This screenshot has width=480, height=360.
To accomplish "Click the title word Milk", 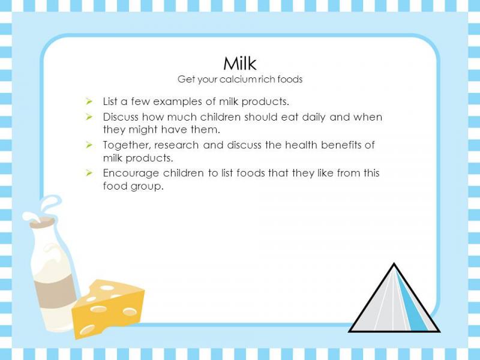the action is pos(239,64).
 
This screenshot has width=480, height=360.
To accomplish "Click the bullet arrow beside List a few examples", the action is pos(89,101).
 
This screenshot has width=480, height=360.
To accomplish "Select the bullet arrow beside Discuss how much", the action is pos(89,116).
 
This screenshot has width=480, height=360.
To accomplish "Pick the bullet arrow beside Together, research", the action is pos(89,145).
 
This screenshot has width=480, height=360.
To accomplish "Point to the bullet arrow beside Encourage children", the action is pos(89,173).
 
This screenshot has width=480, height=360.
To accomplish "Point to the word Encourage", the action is pos(131,173).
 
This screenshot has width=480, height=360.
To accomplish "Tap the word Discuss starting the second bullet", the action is pos(121,117).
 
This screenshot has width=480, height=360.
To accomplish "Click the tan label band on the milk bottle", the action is pos(55,291).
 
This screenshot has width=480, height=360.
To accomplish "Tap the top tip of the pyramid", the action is pos(394,263).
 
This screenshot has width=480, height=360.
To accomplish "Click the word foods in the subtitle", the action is pos(290,79).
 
